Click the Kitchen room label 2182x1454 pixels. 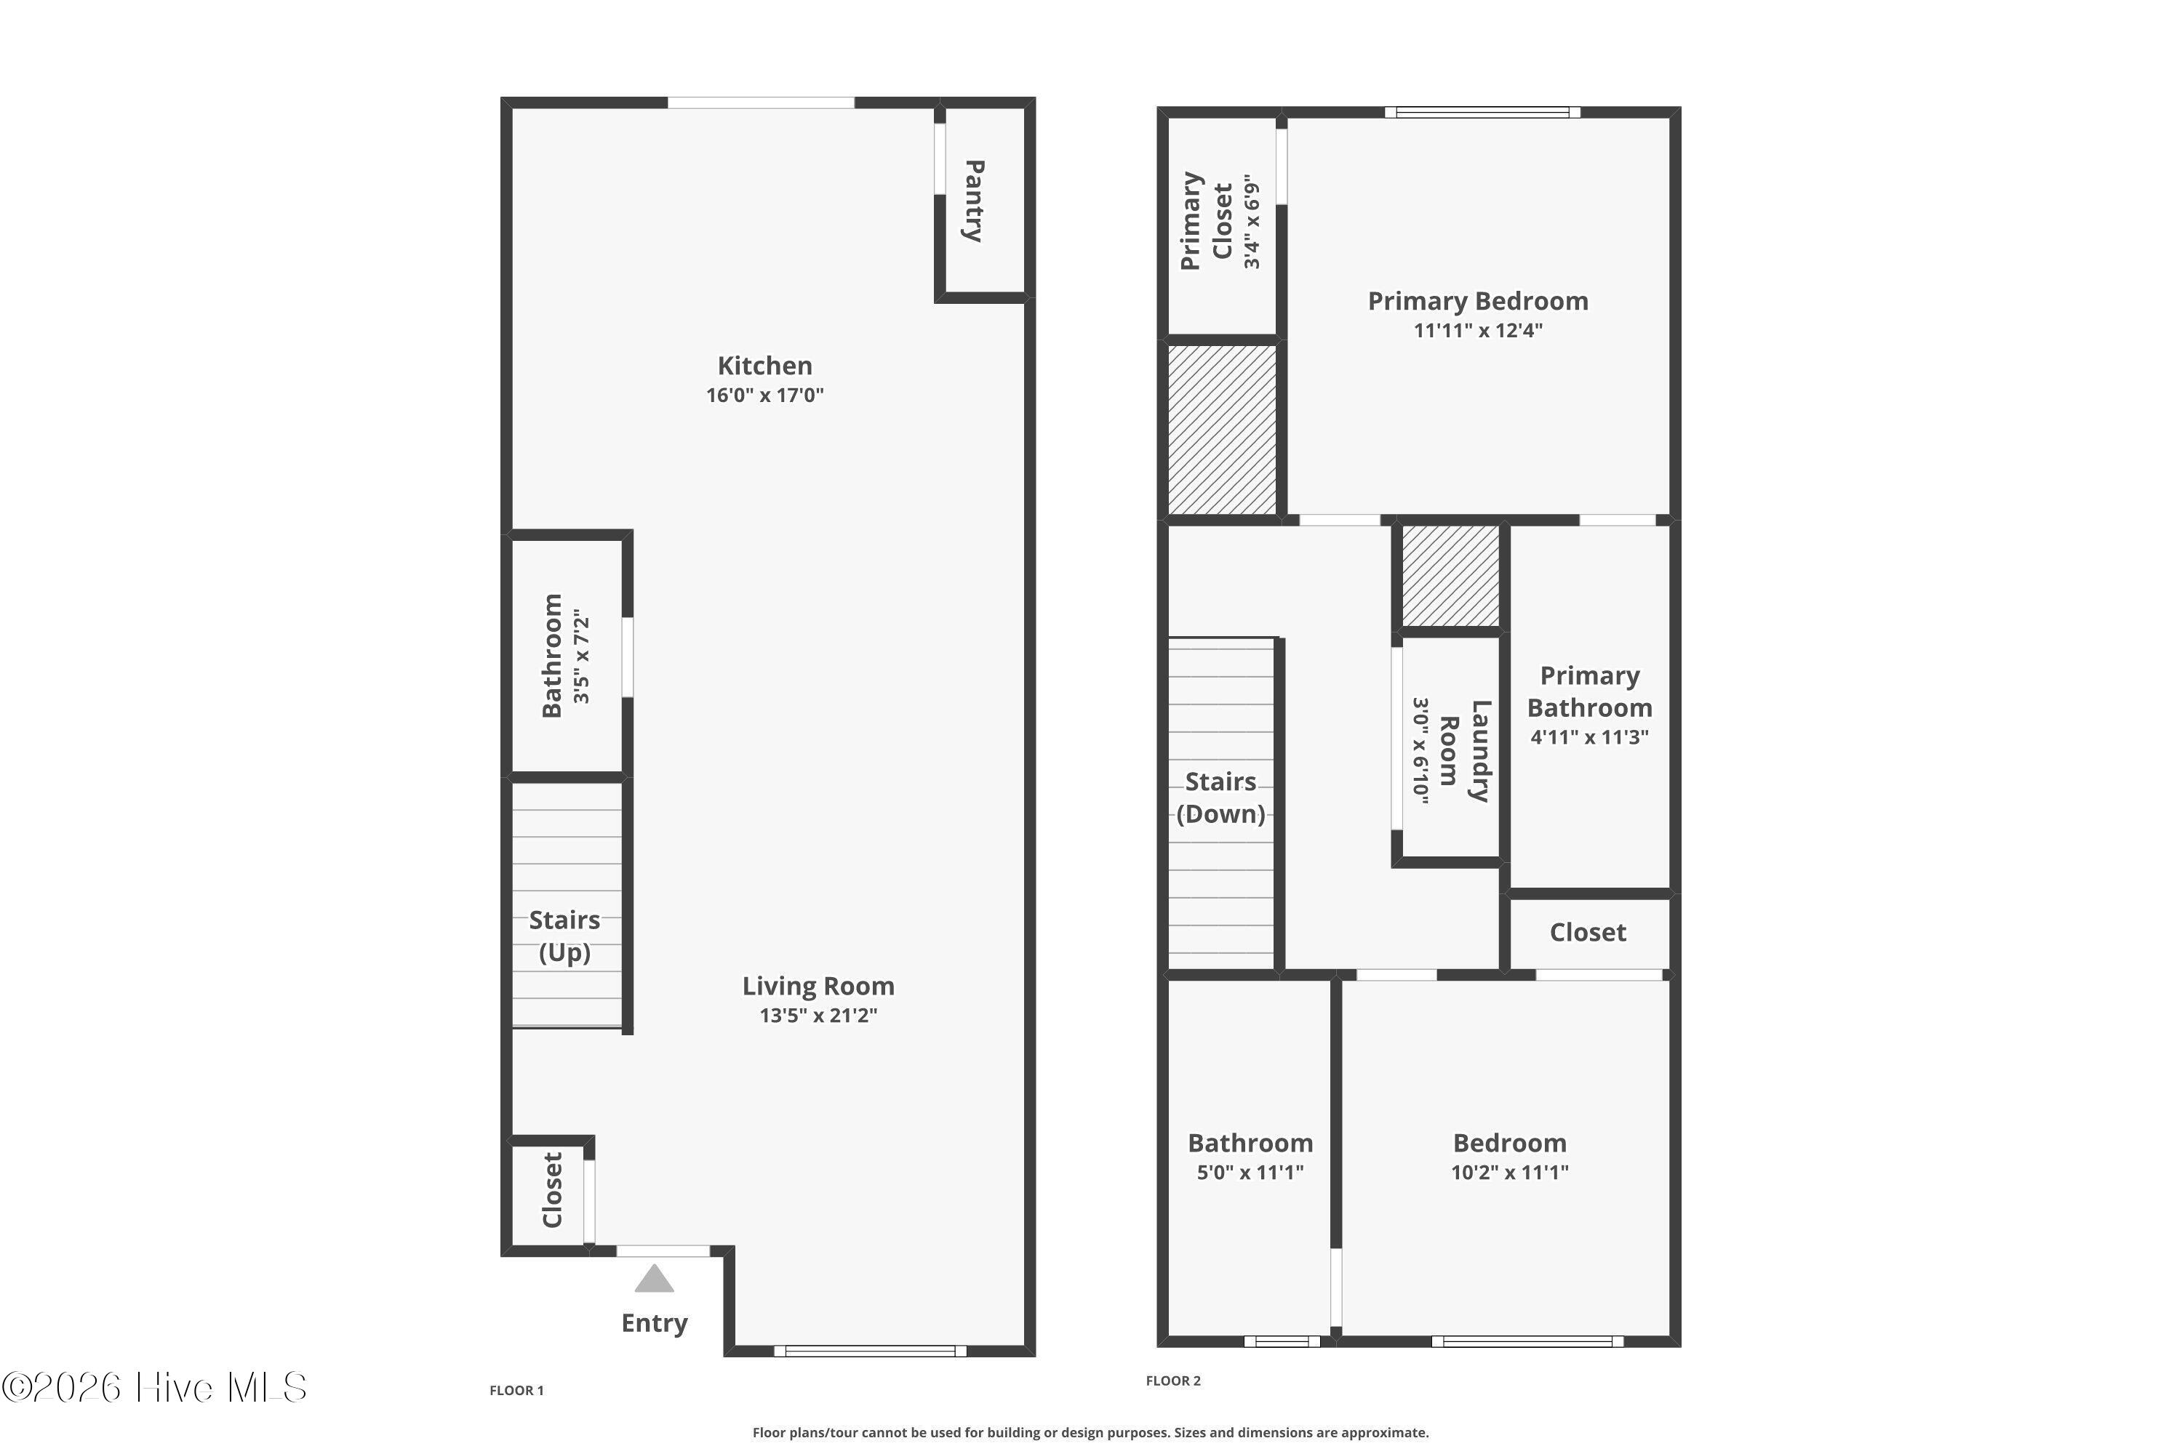[x=764, y=366]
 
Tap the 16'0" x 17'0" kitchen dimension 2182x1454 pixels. [x=764, y=395]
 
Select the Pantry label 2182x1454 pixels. [x=974, y=201]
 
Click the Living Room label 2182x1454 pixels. [x=818, y=986]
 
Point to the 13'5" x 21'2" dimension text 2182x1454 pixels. [x=818, y=1016]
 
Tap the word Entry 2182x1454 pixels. [x=654, y=1323]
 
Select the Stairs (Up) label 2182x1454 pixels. [x=565, y=936]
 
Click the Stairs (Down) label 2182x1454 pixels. [x=1221, y=798]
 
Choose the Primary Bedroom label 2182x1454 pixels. [x=1478, y=302]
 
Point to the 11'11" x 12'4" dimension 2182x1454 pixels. [x=1478, y=330]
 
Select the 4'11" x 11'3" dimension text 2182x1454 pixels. [x=1589, y=737]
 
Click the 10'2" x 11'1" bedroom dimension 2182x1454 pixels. [x=1509, y=1172]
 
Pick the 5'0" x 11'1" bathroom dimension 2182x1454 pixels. [x=1250, y=1172]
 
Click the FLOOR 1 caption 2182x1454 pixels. [x=516, y=1390]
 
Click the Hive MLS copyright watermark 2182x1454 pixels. [x=154, y=1388]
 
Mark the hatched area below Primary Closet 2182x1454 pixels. [x=1222, y=430]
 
